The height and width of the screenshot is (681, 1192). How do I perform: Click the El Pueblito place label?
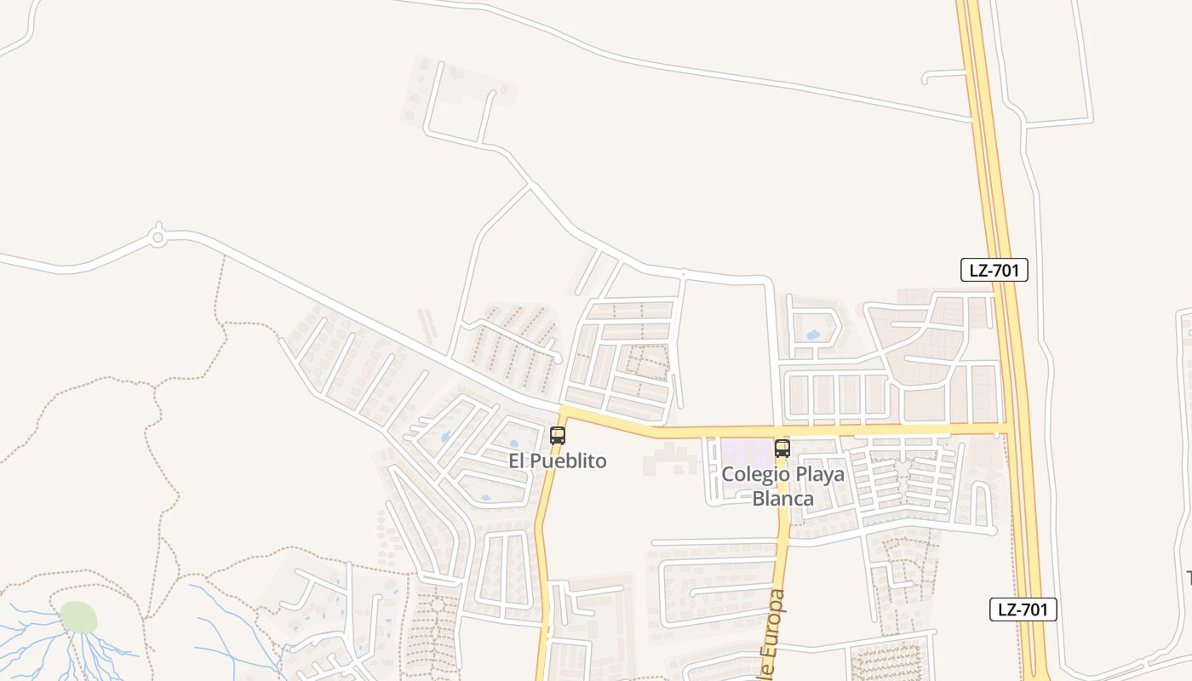[x=558, y=461]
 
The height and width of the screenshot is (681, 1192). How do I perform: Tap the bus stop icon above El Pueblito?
[x=558, y=436]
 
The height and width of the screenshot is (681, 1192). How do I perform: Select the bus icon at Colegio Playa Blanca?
[x=782, y=449]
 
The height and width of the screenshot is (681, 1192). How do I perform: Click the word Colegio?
[x=754, y=474]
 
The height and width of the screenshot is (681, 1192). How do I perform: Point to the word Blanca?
[x=783, y=499]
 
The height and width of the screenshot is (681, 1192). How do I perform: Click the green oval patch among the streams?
[x=78, y=617]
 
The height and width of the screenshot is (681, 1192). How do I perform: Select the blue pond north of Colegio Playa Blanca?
[x=813, y=335]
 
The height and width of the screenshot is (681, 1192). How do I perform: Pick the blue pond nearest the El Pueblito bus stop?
[x=513, y=444]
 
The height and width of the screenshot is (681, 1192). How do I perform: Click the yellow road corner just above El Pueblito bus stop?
[x=564, y=412]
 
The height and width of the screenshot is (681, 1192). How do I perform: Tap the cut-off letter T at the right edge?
[x=1188, y=577]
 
